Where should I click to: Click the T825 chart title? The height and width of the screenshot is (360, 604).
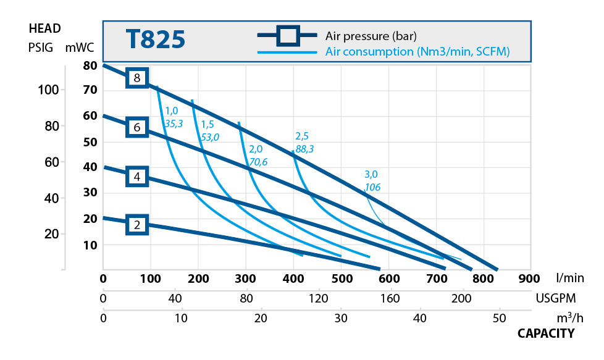point(156,39)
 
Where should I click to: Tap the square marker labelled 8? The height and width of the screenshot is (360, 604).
point(137,78)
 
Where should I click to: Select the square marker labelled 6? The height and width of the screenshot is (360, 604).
point(137,128)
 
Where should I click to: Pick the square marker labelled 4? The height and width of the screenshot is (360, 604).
point(137,177)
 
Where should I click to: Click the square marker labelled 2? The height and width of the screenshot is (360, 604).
point(137,224)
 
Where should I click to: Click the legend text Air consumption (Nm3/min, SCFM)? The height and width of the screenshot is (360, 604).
point(417,52)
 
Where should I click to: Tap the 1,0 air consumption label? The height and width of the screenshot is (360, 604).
point(171,111)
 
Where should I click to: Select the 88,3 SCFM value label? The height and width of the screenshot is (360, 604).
point(304,148)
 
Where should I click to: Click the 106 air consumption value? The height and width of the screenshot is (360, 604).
point(372,187)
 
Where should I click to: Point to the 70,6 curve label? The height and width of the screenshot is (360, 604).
point(258,162)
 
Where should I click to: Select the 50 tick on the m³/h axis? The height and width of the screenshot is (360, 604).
point(499,319)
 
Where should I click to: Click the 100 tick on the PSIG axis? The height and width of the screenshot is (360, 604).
point(48,90)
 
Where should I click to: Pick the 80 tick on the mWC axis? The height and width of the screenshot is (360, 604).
point(90,65)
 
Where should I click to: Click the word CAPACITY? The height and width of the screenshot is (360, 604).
point(545,333)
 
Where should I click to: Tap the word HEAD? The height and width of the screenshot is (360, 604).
point(44,28)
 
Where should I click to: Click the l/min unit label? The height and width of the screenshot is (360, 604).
point(569,278)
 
